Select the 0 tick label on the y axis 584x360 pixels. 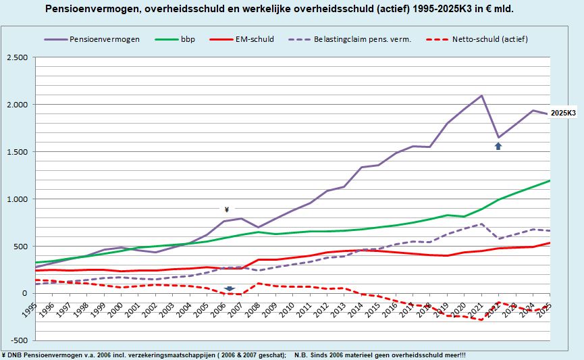[x=25, y=294]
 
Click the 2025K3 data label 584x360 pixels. [x=562, y=113]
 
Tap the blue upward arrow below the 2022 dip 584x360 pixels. [x=498, y=145]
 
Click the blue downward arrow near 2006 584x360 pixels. [x=229, y=288]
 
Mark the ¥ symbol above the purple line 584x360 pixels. [x=226, y=209]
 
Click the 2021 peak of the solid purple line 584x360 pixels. [x=481, y=95]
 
